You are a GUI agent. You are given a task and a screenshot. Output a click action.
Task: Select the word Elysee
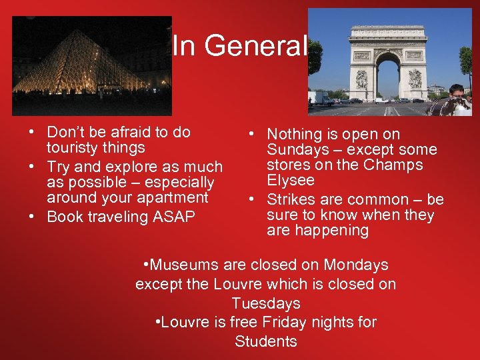[290, 180]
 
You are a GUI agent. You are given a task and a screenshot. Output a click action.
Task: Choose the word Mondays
[356, 265]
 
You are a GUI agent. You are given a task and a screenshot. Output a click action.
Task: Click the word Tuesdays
[266, 303]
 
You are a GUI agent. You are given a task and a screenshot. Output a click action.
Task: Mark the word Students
[266, 342]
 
